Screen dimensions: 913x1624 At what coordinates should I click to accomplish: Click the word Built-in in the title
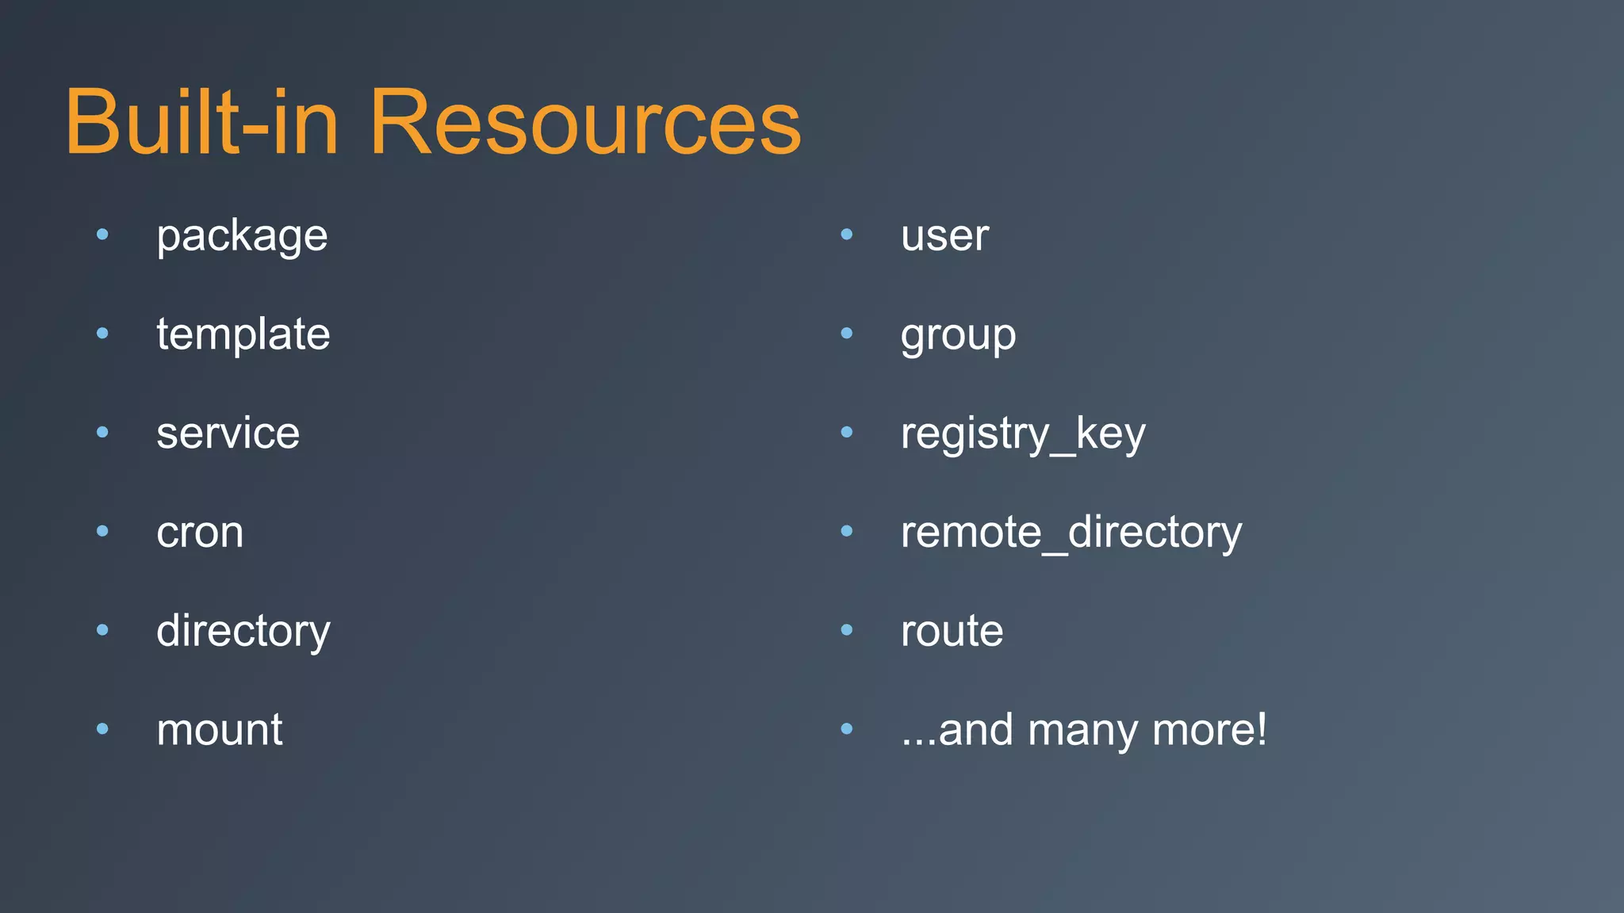[202, 123]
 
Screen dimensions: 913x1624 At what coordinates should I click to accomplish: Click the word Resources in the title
[585, 123]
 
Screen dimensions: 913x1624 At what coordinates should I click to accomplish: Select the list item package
[242, 236]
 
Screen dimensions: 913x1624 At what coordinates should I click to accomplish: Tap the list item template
[243, 334]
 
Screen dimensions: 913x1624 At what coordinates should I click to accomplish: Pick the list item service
[228, 434]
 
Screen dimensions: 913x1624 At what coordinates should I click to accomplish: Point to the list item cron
[200, 533]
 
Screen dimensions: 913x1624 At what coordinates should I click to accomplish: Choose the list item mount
[219, 730]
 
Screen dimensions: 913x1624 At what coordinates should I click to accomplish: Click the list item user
[944, 236]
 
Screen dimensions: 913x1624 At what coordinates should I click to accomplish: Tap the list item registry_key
[1023, 434]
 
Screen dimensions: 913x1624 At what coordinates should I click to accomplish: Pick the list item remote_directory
[1071, 533]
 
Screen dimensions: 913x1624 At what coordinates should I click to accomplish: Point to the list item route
[952, 632]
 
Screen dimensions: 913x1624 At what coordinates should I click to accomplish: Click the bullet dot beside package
[102, 234]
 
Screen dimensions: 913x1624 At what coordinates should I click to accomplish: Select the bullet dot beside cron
[102, 531]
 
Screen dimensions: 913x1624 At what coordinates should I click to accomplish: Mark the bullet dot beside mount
[102, 728]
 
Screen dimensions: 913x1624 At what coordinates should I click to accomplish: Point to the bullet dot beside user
[846, 234]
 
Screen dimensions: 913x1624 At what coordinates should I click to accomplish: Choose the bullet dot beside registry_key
[846, 432]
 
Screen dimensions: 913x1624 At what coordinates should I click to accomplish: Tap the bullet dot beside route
[846, 630]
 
